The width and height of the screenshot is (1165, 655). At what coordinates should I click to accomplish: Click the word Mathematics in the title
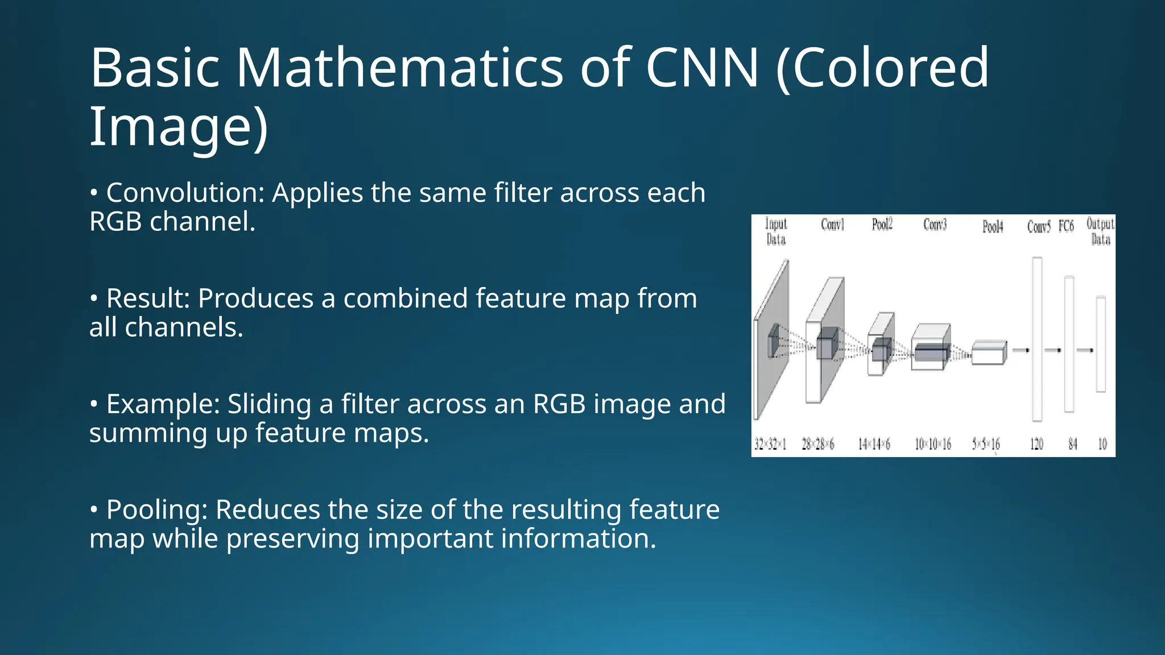[x=399, y=68]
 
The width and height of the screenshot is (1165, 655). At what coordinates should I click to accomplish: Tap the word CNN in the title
[x=702, y=68]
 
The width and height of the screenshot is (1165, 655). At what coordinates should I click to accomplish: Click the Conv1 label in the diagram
[x=832, y=225]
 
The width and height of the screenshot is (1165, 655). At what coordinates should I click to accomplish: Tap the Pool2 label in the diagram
[x=882, y=225]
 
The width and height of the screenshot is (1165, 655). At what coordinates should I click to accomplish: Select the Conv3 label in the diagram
[x=935, y=225]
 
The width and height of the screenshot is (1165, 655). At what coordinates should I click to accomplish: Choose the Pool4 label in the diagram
[x=993, y=227]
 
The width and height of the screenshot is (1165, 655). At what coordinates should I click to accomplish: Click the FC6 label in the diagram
[x=1066, y=226]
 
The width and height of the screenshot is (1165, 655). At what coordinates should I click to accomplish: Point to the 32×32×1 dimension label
[x=770, y=444]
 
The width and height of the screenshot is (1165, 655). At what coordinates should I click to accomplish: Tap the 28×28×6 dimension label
[x=818, y=444]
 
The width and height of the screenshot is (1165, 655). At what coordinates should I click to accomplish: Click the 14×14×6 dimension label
[x=874, y=444]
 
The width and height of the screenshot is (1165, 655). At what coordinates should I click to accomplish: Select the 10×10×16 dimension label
[x=933, y=444]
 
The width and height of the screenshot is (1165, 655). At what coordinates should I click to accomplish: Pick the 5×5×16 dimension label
[x=986, y=444]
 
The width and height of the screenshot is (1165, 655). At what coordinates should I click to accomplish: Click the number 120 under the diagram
[x=1037, y=444]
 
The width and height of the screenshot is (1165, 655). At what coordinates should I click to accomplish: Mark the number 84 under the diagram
[x=1073, y=444]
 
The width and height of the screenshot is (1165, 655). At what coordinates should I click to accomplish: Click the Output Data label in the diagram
[x=1100, y=231]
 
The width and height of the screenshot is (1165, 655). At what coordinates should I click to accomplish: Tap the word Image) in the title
[x=179, y=127]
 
